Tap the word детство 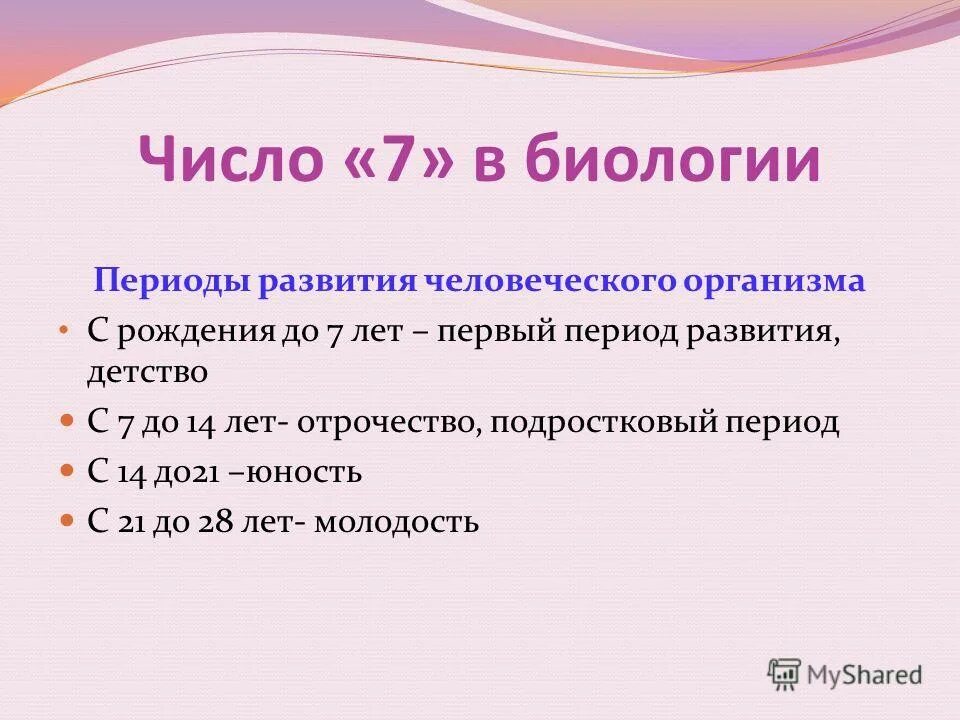click(x=147, y=373)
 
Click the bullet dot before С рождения click(x=65, y=329)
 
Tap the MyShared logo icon click(x=785, y=675)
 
